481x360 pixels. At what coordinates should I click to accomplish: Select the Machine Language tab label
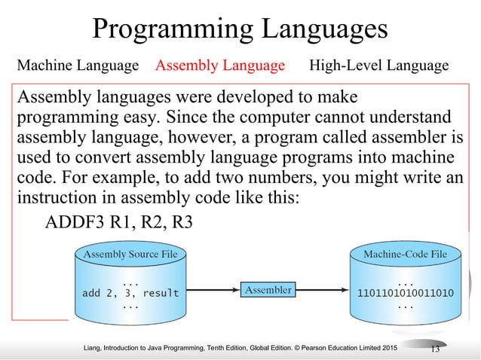tap(78, 66)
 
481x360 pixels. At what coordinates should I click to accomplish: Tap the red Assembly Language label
tap(220, 66)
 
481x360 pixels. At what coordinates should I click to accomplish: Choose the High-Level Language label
tap(378, 66)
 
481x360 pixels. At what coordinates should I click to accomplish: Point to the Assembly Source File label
tap(130, 254)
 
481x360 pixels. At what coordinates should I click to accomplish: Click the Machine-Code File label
tap(405, 254)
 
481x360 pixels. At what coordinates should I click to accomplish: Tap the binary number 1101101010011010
tap(405, 292)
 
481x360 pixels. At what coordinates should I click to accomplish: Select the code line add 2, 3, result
tap(130, 292)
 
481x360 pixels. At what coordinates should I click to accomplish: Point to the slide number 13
tap(435, 348)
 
